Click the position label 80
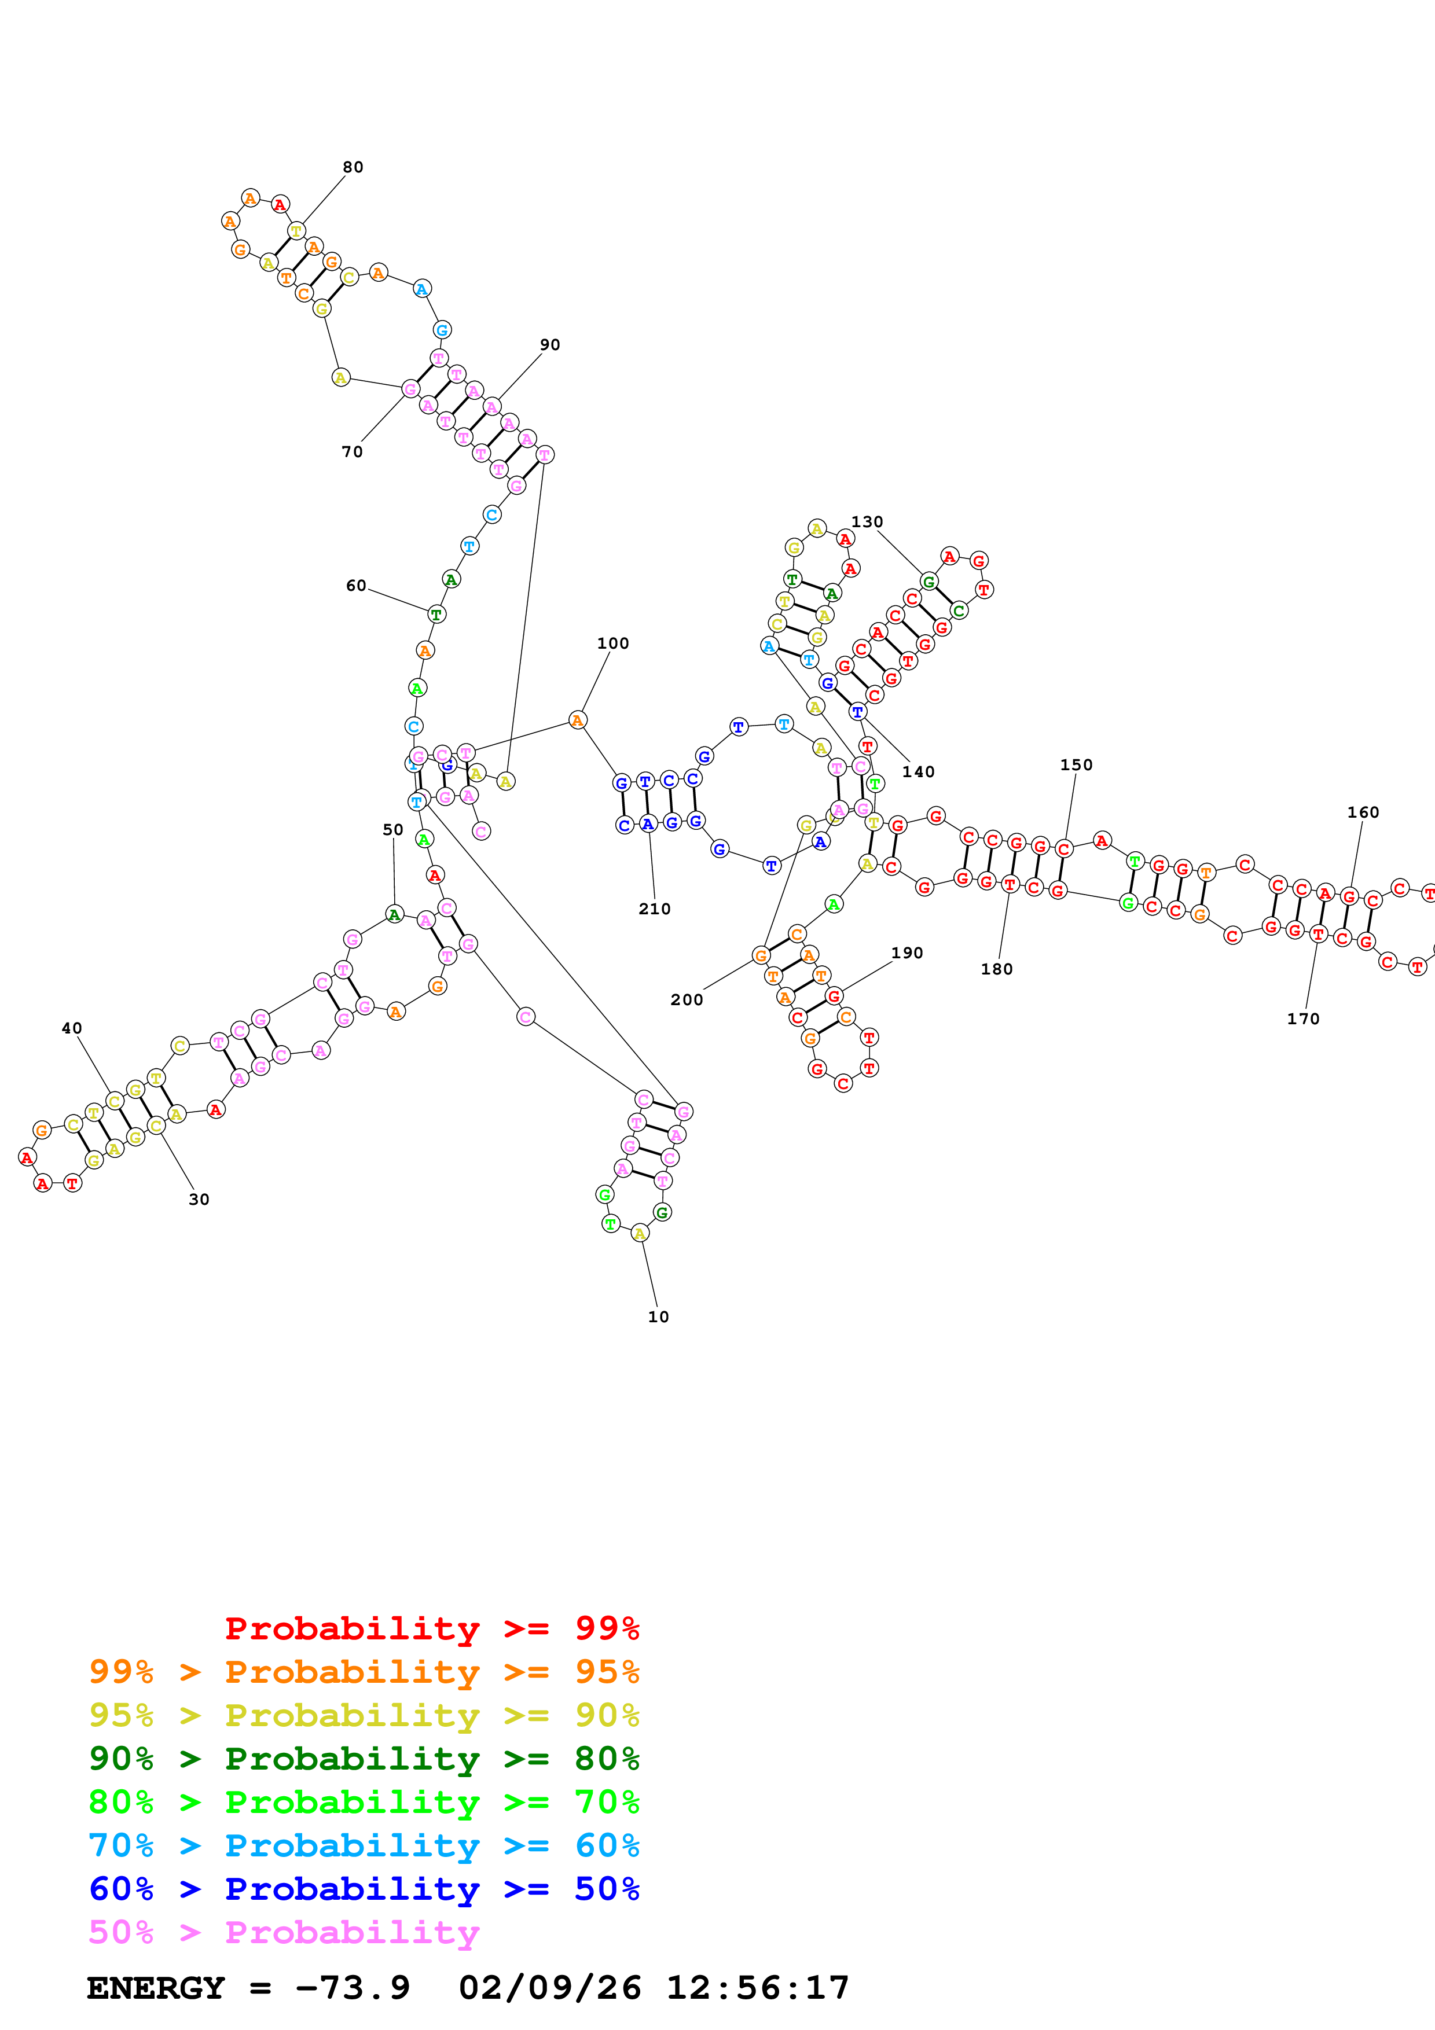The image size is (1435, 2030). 353,167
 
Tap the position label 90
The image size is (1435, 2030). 550,345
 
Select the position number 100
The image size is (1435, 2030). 613,643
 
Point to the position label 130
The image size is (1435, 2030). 867,521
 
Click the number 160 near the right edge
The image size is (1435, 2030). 1363,812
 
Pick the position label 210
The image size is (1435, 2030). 654,909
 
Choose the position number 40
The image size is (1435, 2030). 72,1028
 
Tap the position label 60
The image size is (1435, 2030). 355,585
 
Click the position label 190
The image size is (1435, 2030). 906,953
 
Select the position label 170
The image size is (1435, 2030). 1302,1018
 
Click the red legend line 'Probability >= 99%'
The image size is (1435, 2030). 431,1628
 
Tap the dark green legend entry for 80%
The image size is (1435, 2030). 364,1759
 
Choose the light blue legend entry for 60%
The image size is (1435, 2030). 364,1845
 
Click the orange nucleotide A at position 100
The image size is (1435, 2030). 577,720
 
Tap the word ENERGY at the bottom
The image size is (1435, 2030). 156,1988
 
